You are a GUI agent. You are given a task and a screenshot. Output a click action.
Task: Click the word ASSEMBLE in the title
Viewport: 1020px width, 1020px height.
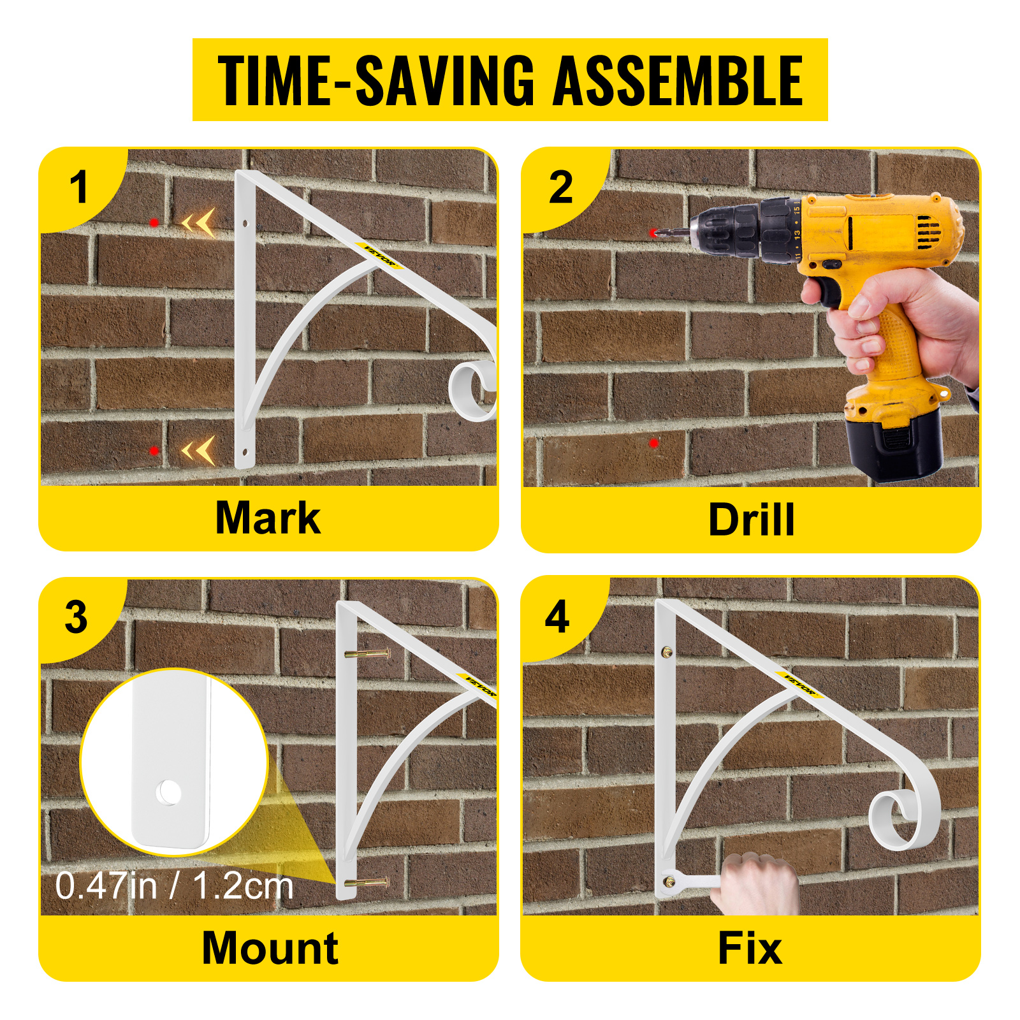pos(677,80)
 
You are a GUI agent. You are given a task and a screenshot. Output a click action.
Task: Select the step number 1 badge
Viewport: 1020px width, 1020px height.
pos(79,188)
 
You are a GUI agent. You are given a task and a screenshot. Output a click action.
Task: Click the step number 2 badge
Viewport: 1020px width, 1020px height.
pos(561,188)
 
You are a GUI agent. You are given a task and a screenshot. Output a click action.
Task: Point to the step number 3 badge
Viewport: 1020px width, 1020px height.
pos(76,618)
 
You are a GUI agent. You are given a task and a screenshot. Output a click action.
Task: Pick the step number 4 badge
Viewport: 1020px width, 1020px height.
pos(557,617)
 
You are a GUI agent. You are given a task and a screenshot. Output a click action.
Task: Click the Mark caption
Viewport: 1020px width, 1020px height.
pos(268,518)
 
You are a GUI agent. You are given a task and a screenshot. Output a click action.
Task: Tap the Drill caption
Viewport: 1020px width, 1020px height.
pos(751,520)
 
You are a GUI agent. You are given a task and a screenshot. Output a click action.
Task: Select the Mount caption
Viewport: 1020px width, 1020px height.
pos(270,948)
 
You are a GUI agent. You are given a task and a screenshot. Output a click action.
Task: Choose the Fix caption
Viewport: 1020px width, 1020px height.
pos(750,949)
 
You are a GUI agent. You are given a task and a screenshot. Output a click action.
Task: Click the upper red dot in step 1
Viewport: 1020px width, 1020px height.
pos(154,222)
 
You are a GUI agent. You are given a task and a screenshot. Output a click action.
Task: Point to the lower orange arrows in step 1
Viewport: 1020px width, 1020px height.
pos(199,451)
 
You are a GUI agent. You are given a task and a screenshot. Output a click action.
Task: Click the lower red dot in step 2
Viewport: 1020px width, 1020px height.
pos(653,442)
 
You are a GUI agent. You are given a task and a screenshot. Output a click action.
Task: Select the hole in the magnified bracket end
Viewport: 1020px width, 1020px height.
pos(170,792)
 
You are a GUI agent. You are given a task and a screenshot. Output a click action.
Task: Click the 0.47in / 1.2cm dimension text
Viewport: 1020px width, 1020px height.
pos(174,886)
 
